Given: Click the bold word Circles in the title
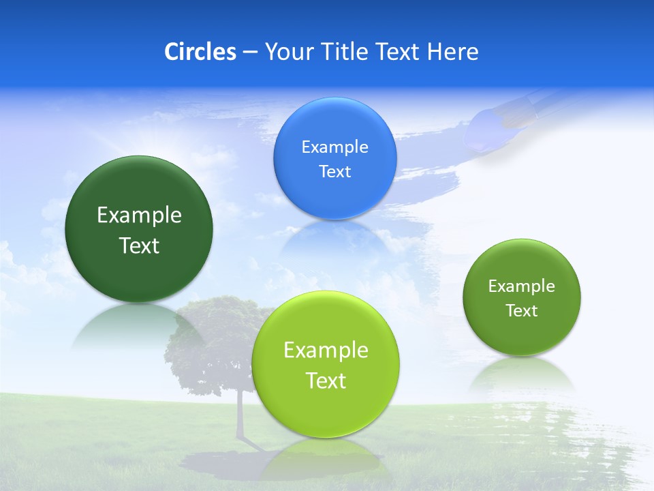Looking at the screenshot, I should click(200, 52).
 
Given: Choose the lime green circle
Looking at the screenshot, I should click(326, 409).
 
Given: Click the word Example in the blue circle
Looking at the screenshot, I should click(334, 147).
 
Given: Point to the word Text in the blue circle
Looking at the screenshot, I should click(334, 172).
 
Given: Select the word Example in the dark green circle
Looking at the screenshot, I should click(139, 216).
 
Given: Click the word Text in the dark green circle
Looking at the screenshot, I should click(139, 245).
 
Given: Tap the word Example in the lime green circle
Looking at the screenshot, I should click(326, 351).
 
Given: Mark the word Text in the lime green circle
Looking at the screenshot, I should click(326, 381).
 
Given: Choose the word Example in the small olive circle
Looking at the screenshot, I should click(522, 286).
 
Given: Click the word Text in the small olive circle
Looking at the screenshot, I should click(522, 311).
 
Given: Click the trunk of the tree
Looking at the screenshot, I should click(240, 416).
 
